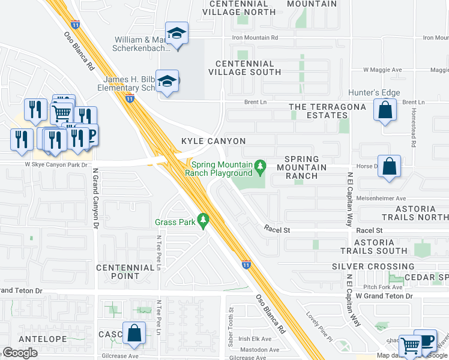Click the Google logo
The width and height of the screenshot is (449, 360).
pyautogui.click(x=20, y=353)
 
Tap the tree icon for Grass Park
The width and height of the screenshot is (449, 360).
pyautogui.click(x=203, y=221)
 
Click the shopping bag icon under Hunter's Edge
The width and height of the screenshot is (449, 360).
pyautogui.click(x=385, y=110)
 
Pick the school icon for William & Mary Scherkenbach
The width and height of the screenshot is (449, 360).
pyautogui.click(x=176, y=34)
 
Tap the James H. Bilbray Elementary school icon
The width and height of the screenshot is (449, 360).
pyautogui.click(x=168, y=82)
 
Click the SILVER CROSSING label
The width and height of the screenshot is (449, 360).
pyautogui.click(x=373, y=266)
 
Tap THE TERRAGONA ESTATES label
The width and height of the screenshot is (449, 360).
pyautogui.click(x=327, y=111)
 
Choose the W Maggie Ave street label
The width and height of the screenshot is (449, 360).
pyautogui.click(x=382, y=70)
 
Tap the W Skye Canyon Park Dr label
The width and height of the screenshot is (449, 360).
pyautogui.click(x=56, y=164)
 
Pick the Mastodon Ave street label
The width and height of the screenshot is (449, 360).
pyautogui.click(x=259, y=350)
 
